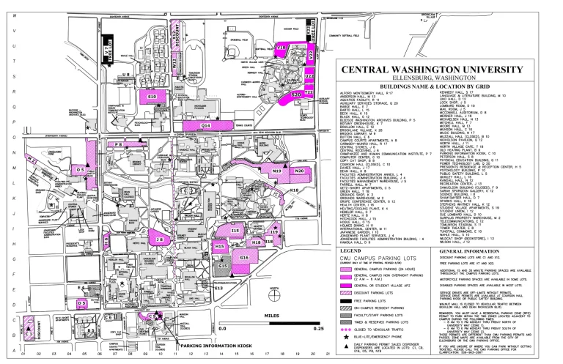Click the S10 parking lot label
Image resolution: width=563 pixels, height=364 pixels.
(152, 97)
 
